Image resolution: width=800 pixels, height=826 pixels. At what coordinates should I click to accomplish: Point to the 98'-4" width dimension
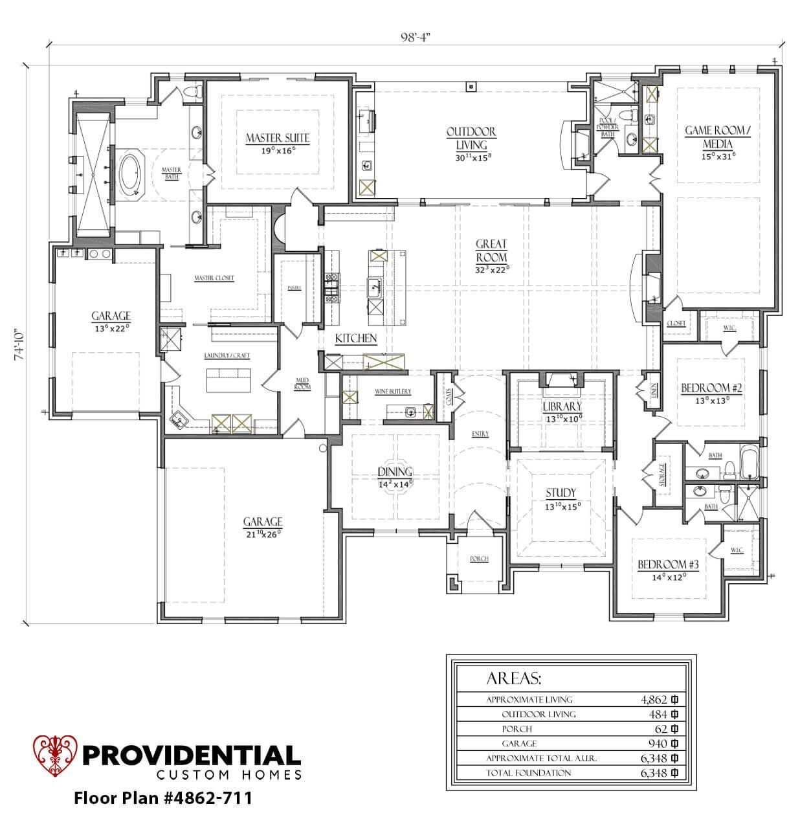(x=415, y=36)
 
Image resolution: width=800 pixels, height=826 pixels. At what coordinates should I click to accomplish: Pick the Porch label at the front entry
(x=479, y=559)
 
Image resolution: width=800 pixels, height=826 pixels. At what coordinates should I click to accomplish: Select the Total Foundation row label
(x=528, y=773)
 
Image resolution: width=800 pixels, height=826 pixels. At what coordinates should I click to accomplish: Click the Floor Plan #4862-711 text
(x=162, y=797)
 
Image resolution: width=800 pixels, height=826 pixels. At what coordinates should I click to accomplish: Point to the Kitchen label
(x=355, y=339)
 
